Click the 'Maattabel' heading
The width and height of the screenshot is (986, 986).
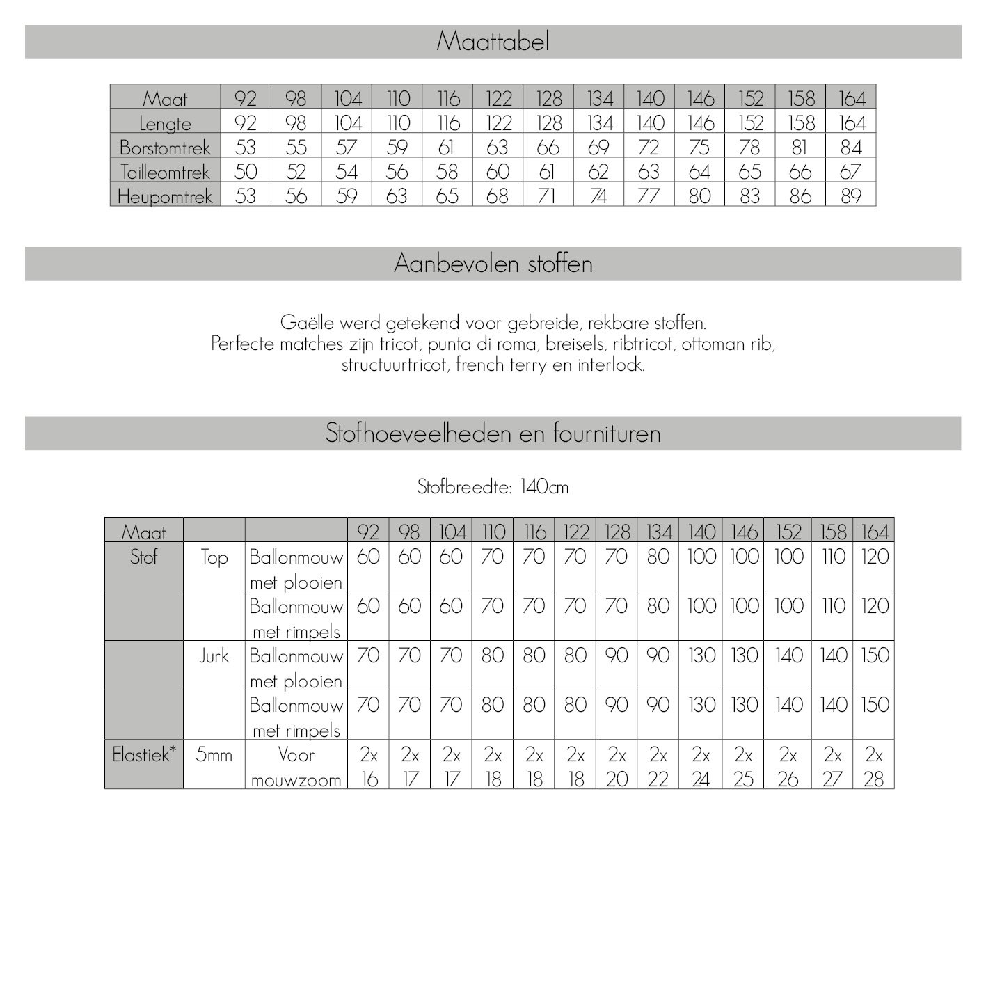tap(493, 42)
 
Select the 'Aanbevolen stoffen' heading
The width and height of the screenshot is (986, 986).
tap(493, 264)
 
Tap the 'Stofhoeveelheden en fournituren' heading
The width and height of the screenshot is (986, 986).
tap(493, 434)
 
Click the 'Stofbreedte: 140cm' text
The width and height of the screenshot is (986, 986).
tap(493, 487)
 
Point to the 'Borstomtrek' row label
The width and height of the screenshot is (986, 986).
tap(165, 148)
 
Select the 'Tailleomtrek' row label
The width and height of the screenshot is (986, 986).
tap(165, 172)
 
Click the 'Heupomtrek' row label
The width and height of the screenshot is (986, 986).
tap(165, 196)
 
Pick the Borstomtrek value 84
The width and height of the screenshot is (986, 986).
tap(850, 148)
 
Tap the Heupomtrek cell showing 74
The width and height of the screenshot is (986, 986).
tap(598, 196)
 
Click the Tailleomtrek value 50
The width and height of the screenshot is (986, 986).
tap(246, 172)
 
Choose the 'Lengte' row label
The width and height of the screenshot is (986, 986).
tap(165, 123)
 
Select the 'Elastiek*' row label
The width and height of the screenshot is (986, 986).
tap(144, 754)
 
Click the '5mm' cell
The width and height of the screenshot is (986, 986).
tap(214, 754)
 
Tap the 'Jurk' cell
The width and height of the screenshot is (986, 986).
tap(214, 655)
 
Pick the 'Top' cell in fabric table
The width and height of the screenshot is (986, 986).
tap(214, 557)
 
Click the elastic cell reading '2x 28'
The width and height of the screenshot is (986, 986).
tap(873, 766)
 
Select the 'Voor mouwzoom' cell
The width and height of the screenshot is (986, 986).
tap(296, 766)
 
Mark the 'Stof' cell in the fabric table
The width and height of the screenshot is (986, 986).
tap(144, 557)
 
